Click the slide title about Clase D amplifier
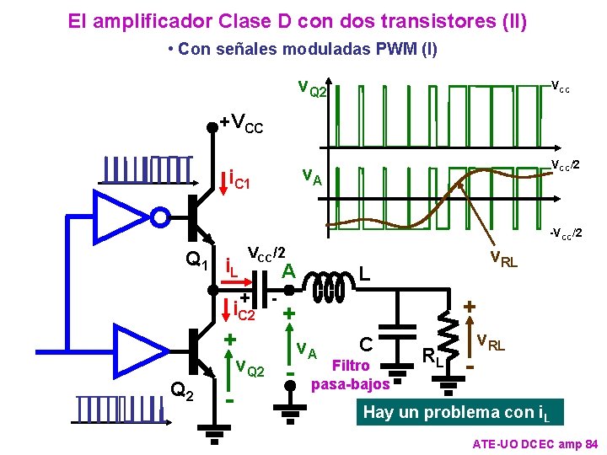pos(298,20)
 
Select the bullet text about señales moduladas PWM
pos(303,49)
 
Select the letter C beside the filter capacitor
pos(366,344)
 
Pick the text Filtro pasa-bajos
pos(351,375)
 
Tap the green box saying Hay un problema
pos(459,412)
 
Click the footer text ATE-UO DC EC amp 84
pos(534,443)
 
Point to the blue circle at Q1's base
pos(160,217)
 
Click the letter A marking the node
pos(288,270)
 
